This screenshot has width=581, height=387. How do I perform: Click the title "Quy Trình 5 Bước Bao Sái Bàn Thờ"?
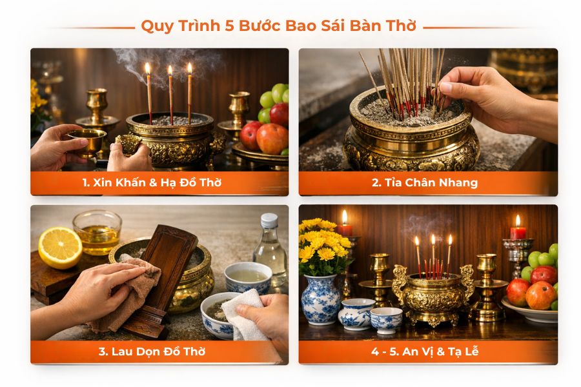coord(278,27)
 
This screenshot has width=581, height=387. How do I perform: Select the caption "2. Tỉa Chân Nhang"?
coord(424,183)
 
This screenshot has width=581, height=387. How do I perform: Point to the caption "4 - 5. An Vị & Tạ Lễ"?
coord(424,352)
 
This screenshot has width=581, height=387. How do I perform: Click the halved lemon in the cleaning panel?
coord(59,247)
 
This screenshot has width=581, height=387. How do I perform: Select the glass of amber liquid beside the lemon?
coord(97,232)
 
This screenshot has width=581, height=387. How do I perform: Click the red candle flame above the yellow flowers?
coord(345,217)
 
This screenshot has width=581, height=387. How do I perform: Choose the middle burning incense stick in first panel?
coord(170,94)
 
